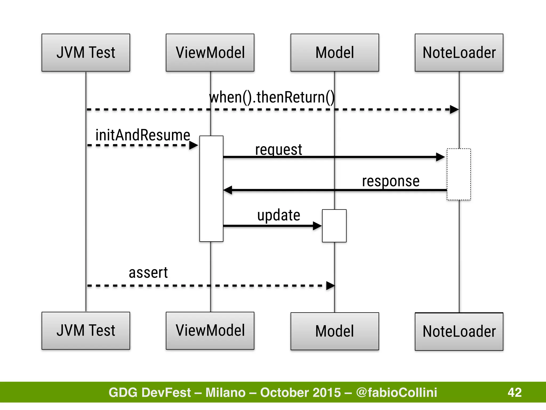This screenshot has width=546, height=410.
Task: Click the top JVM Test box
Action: coord(86,53)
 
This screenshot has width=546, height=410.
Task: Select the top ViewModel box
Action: coord(210,53)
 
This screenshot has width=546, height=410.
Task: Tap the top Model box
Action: coord(335,53)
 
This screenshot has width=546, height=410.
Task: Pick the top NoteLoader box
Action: coord(459,53)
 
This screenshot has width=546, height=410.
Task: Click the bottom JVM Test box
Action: coord(86,331)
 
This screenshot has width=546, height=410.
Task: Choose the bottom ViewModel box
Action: coord(210,331)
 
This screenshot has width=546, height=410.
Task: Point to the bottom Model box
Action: coord(335,331)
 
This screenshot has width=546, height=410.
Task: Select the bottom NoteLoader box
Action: coord(459,332)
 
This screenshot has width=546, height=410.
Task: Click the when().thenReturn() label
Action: coord(272,97)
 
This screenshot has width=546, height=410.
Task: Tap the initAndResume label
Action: coord(143,135)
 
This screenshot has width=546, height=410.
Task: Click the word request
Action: coord(279,149)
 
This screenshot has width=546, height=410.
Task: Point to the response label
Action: coord(391,181)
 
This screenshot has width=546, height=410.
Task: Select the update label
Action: coord(279,215)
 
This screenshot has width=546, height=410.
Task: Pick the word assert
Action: coord(148,273)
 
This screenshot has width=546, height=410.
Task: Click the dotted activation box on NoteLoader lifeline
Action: coord(459,174)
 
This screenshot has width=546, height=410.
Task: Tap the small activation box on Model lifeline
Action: coord(334,226)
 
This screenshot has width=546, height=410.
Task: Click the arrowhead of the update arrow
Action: coord(317,226)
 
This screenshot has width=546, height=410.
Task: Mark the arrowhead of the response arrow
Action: coord(228,190)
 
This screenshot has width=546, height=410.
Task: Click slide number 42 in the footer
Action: coord(515,392)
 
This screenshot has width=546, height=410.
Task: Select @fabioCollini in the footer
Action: coord(396,392)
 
